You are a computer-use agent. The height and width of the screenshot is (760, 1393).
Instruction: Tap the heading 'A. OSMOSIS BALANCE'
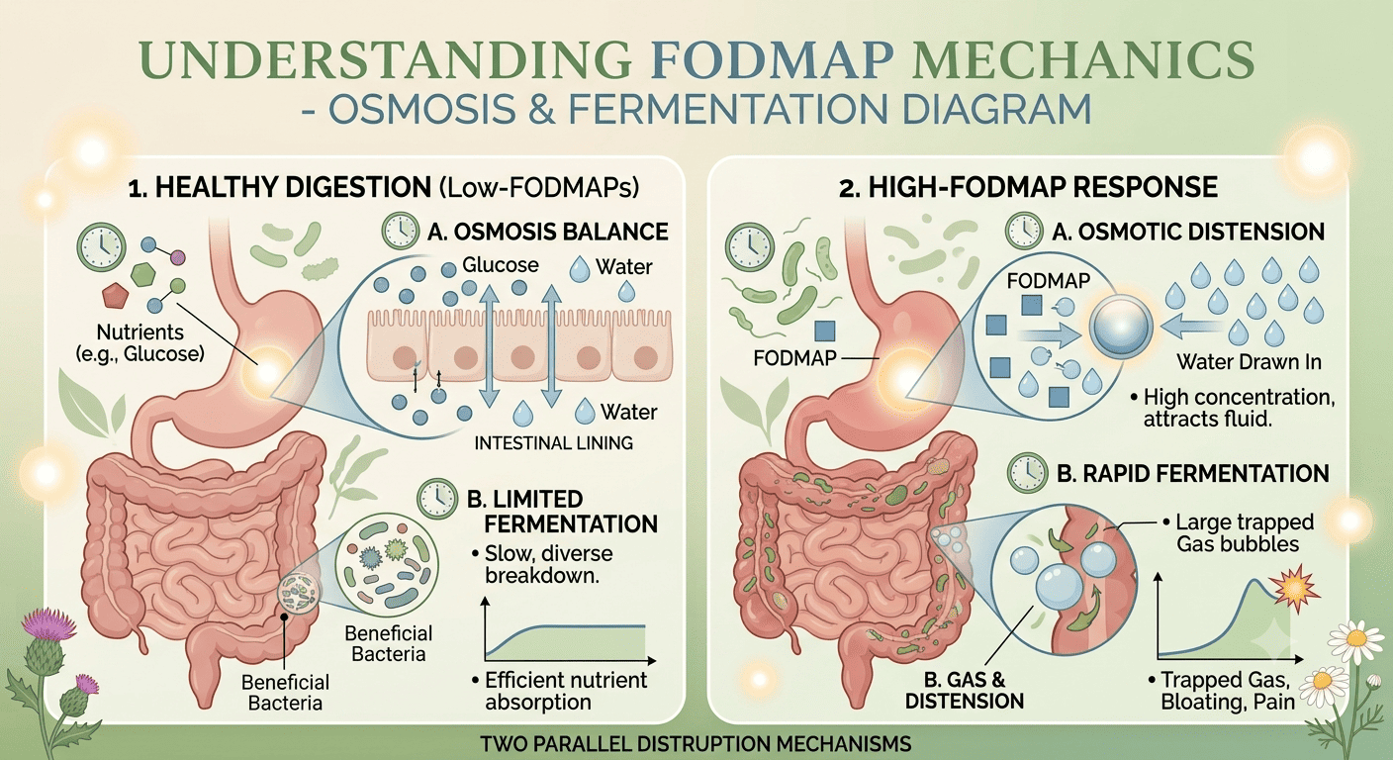pyautogui.click(x=548, y=232)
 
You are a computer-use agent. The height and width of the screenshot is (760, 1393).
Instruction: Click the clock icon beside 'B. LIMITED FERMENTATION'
pyautogui.click(x=437, y=499)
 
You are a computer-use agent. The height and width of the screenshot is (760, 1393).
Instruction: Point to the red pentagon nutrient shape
pyautogui.click(x=115, y=296)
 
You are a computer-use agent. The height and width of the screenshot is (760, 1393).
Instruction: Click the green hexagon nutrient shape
pyautogui.click(x=144, y=274)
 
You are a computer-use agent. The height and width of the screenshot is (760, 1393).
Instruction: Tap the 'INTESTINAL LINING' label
pyautogui.click(x=553, y=442)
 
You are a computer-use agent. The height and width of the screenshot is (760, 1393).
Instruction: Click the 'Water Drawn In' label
pyautogui.click(x=1249, y=362)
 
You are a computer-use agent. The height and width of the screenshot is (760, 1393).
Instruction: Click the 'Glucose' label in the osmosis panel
pyautogui.click(x=501, y=265)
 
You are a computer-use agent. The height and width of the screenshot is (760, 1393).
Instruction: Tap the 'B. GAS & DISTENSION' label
pyautogui.click(x=965, y=691)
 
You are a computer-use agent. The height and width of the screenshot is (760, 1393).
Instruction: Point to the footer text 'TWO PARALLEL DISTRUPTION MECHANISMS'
pyautogui.click(x=696, y=744)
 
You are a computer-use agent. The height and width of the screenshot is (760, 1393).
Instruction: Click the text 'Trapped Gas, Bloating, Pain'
pyautogui.click(x=1222, y=691)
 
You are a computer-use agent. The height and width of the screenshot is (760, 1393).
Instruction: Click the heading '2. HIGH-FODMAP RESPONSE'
pyautogui.click(x=1028, y=187)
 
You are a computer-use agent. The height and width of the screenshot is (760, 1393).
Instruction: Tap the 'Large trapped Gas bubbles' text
pyautogui.click(x=1239, y=533)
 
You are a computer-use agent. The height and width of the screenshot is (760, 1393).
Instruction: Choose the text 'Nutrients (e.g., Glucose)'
pyautogui.click(x=139, y=342)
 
